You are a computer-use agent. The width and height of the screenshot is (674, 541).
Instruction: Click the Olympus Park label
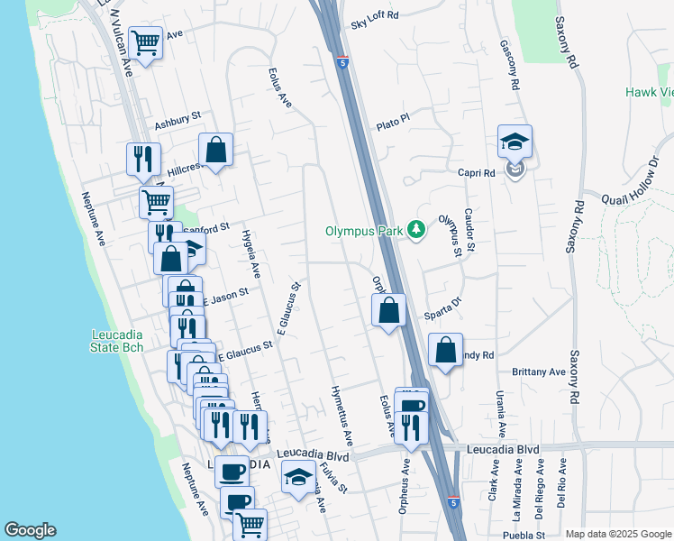[x=365, y=230]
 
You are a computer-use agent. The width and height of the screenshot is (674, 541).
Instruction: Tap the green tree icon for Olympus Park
[x=415, y=230]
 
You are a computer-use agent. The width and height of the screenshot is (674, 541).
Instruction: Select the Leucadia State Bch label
[x=118, y=341]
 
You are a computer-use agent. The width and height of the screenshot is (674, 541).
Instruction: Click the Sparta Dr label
[x=442, y=309]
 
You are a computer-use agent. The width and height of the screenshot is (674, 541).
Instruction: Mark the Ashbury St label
[x=177, y=123]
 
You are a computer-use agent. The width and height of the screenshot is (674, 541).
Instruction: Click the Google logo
[x=30, y=530]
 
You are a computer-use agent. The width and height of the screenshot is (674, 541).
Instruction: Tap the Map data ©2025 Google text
[x=618, y=534]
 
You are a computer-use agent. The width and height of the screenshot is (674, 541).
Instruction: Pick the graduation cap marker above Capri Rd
[x=515, y=142]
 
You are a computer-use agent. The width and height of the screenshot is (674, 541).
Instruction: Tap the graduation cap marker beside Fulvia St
[x=298, y=476]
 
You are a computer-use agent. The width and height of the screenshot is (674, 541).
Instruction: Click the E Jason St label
[x=224, y=295]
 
